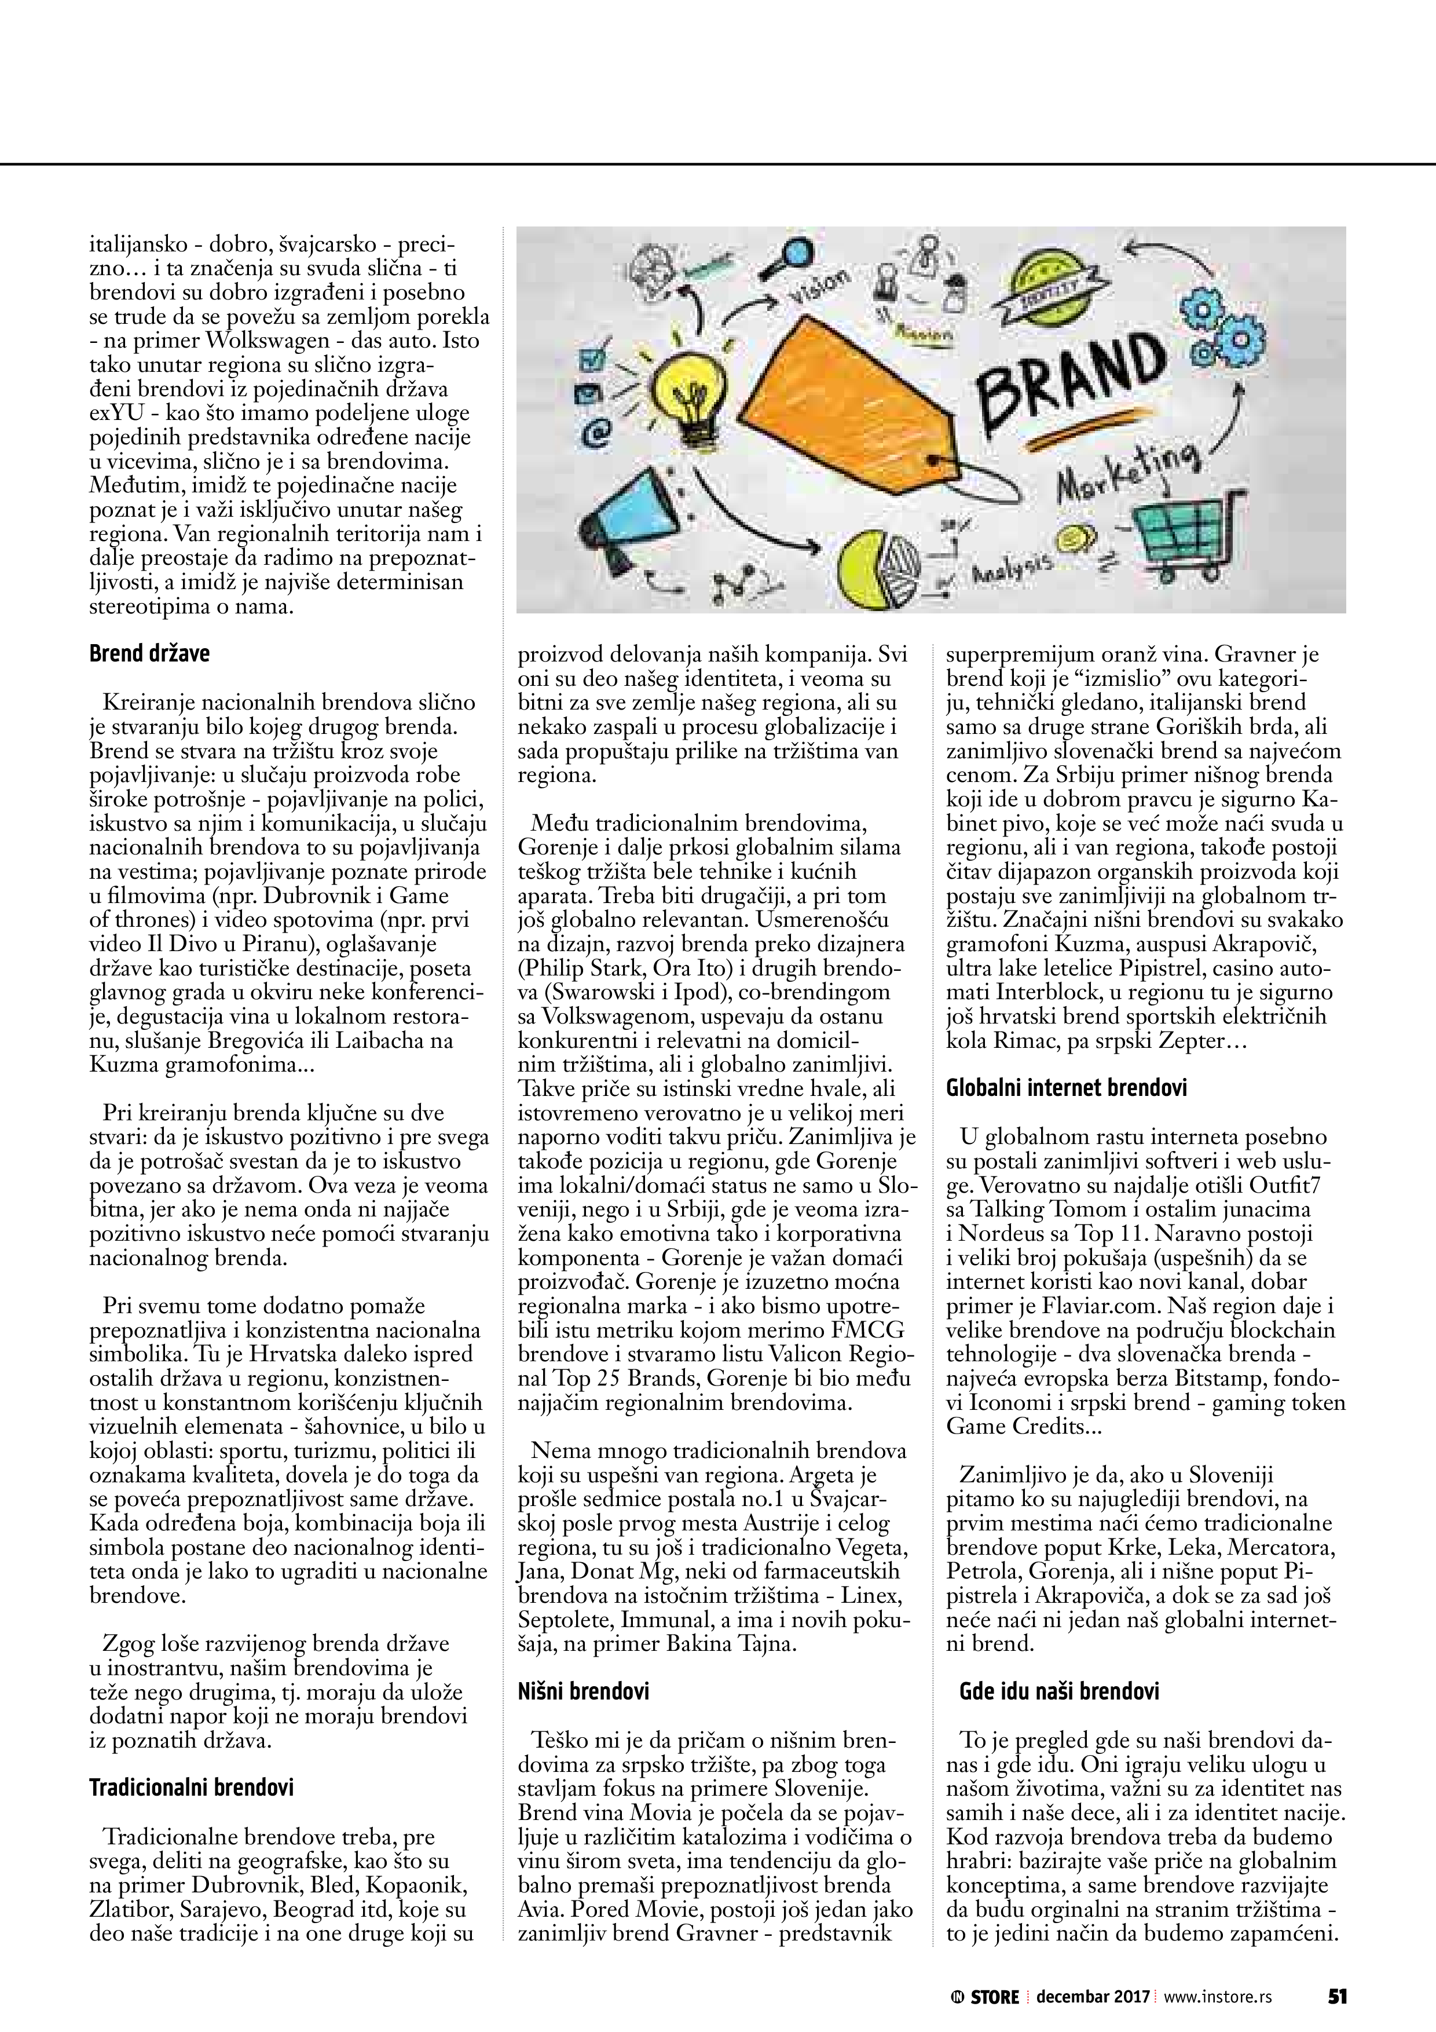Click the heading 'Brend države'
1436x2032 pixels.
point(149,654)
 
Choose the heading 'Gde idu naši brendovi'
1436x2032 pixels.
point(1059,1690)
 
